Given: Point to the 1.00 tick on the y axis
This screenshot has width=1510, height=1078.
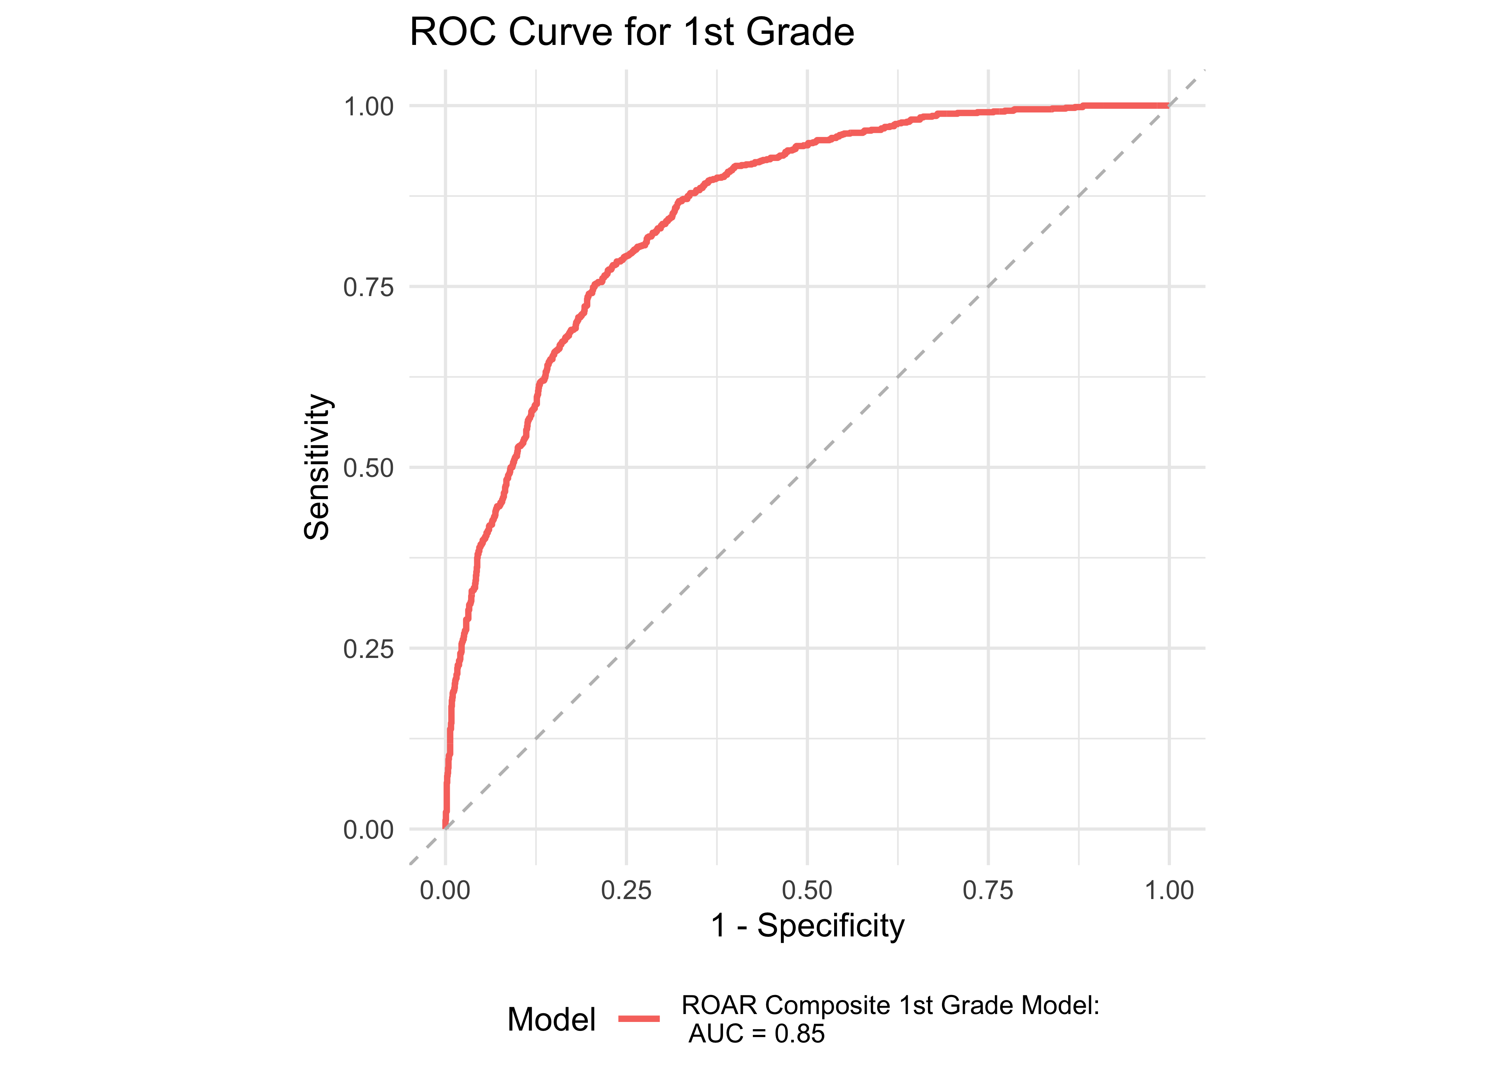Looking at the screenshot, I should pyautogui.click(x=369, y=106).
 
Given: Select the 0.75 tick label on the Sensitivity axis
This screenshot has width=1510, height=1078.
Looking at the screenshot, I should pyautogui.click(x=369, y=287).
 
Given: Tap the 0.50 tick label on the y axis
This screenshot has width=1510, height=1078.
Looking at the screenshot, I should pyautogui.click(x=369, y=468).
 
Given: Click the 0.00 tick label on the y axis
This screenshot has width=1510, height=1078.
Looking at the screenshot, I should pyautogui.click(x=369, y=830).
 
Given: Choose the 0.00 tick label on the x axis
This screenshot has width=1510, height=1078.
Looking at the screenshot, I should pyautogui.click(x=445, y=890).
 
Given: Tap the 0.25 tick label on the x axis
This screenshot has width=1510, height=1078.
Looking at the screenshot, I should pyautogui.click(x=626, y=890).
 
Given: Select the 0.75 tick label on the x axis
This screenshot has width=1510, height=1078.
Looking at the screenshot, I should pyautogui.click(x=988, y=890).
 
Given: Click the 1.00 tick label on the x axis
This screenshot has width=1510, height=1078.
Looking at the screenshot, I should pyautogui.click(x=1169, y=890).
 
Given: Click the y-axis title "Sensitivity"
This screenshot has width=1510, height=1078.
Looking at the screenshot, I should pyautogui.click(x=317, y=467).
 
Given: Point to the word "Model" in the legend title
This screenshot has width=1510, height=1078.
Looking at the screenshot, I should pyautogui.click(x=551, y=1019).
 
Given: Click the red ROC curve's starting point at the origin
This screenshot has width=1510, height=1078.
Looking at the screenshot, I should pyautogui.click(x=445, y=827).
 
